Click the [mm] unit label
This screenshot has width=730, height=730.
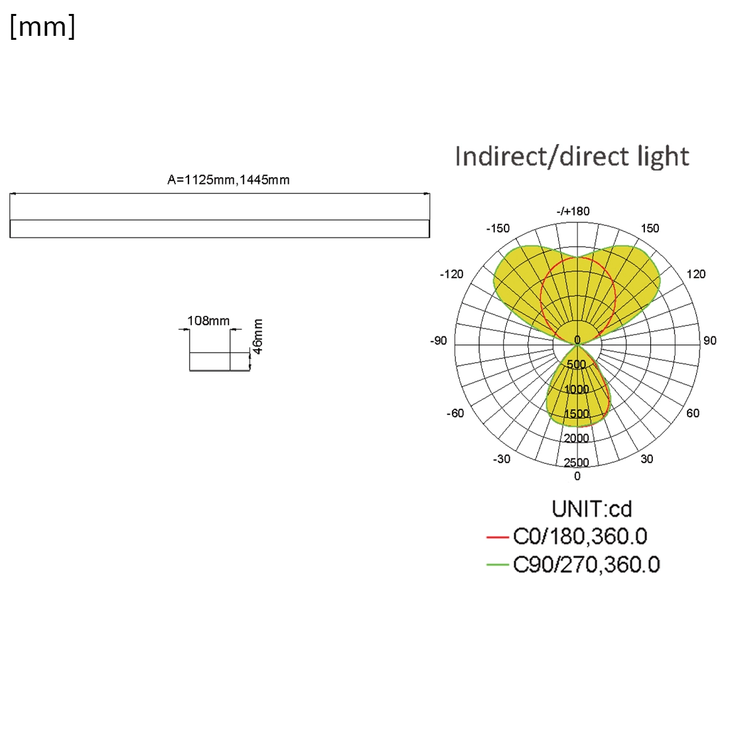pos(42,27)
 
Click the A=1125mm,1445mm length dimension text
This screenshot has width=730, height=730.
pos(228,180)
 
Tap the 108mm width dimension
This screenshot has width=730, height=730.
pos(208,321)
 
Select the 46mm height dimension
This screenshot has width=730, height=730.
pos(257,336)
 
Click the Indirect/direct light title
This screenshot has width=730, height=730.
pos(571,156)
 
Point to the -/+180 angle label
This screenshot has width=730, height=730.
pos(573,211)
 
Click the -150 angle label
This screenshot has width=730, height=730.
pos(498,228)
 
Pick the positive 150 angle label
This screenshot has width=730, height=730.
pos(650,228)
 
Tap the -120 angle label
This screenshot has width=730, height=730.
pos(451,274)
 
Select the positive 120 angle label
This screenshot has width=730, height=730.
pos(696,274)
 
